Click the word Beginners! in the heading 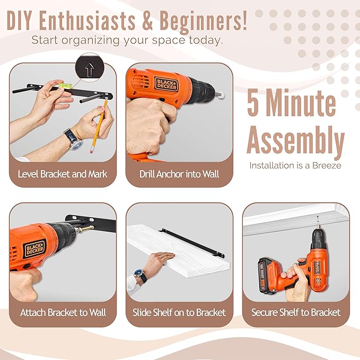tap(203, 21)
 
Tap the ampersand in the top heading tap(147, 21)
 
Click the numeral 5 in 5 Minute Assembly tap(253, 103)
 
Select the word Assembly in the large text tap(296, 140)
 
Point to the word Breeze tap(327, 165)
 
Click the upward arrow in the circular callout tap(90, 69)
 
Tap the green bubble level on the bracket tap(66, 86)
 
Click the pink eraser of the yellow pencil tap(92, 150)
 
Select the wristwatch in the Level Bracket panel tap(74, 139)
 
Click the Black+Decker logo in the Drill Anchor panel tap(166, 84)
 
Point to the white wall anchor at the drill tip tap(221, 94)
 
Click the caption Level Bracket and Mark tap(63, 174)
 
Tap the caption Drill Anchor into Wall tap(179, 174)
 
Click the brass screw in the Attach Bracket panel tap(86, 229)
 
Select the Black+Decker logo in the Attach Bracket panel tap(35, 249)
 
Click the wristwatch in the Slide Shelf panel tap(141, 276)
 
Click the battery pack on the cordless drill tap(267, 276)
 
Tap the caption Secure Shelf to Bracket tap(296, 312)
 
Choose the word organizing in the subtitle tap(91, 40)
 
